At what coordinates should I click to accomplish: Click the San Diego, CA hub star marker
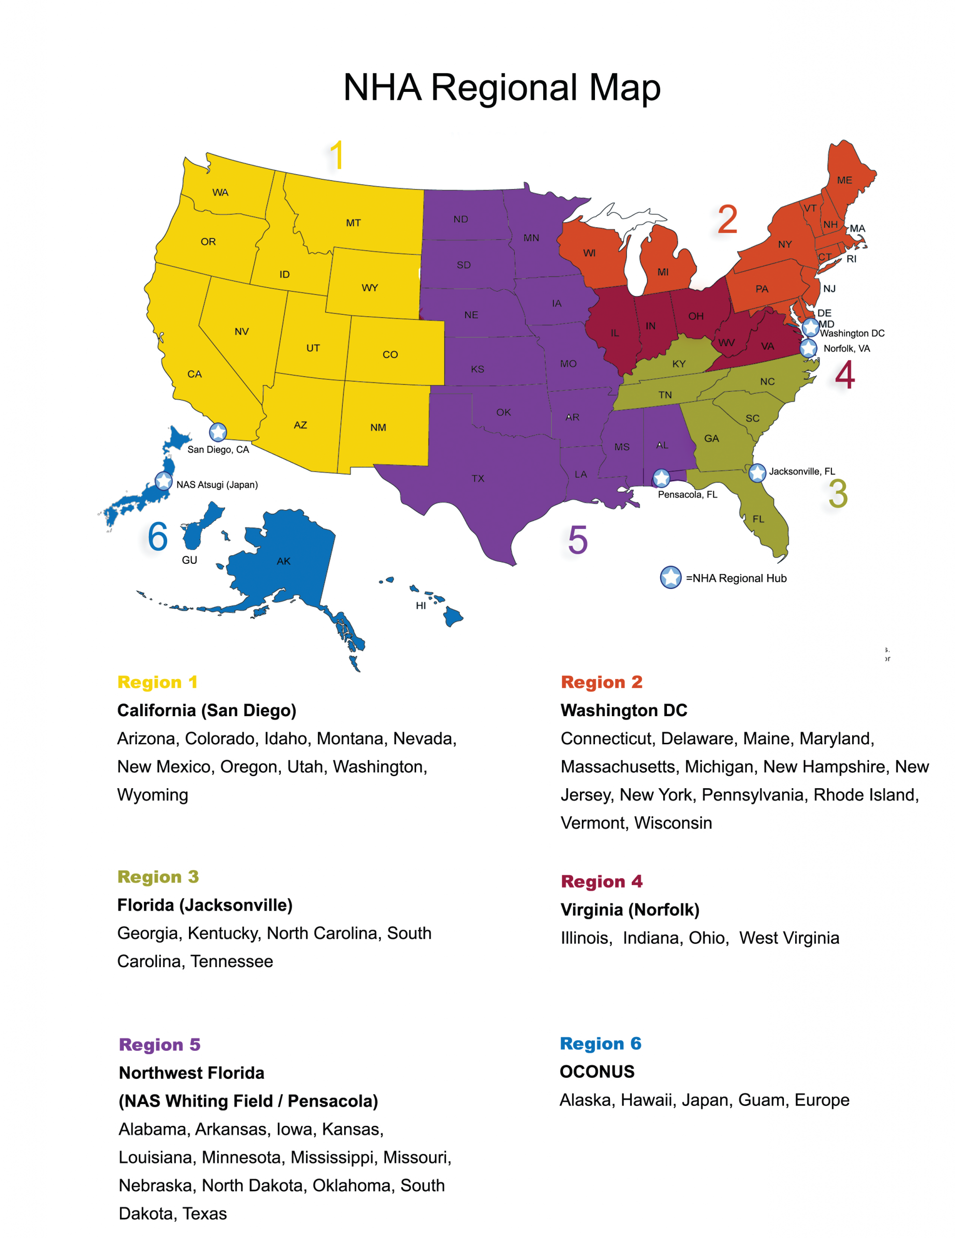(217, 432)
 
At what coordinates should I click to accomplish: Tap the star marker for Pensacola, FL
(661, 478)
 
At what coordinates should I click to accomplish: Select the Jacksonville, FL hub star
(757, 473)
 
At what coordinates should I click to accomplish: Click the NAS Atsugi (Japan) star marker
(164, 481)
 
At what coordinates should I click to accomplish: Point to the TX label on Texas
(478, 478)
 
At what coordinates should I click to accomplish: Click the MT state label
(353, 223)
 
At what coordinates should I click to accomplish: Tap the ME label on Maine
(844, 180)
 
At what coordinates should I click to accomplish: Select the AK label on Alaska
(283, 561)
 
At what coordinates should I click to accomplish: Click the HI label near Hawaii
(420, 605)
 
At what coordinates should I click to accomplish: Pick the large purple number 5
(578, 540)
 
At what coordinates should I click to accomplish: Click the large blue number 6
(158, 536)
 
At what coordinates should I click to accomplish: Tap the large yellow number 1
(336, 155)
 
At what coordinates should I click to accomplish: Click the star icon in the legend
(670, 577)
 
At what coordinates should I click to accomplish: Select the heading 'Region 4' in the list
(601, 882)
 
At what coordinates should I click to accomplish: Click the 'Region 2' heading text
(601, 682)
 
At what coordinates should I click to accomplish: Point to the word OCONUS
(597, 1071)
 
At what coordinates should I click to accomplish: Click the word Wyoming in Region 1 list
(152, 795)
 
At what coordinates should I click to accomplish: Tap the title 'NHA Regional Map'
(502, 88)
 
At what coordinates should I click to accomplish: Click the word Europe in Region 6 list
(822, 1100)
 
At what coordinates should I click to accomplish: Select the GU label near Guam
(189, 560)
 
